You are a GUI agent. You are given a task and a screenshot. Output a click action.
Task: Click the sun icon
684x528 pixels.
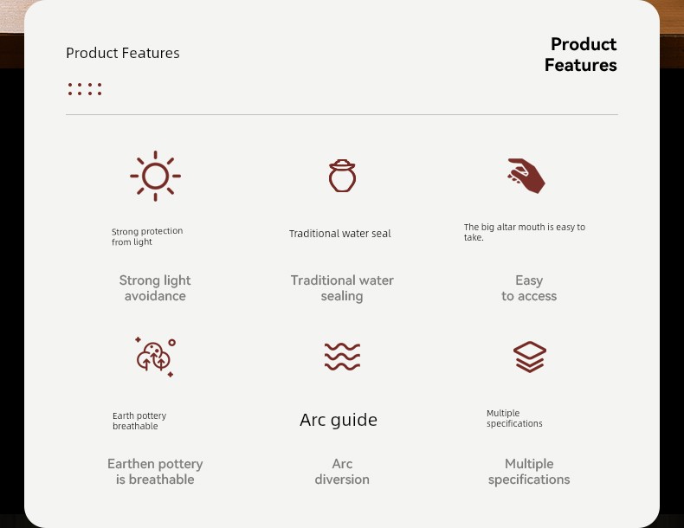point(155,177)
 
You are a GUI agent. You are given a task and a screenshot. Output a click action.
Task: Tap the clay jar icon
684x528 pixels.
point(342,176)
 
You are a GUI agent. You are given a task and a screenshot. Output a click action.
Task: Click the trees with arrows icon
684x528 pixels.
point(155,357)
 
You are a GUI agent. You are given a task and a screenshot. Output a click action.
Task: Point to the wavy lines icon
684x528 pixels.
point(343,357)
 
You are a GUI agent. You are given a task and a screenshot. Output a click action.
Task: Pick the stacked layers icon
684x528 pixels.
point(530,357)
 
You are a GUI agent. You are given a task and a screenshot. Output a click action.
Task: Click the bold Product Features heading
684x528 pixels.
point(581,55)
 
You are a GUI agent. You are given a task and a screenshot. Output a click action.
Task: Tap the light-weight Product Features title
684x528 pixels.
point(123,53)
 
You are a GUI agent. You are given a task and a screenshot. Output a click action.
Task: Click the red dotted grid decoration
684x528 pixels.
point(85,89)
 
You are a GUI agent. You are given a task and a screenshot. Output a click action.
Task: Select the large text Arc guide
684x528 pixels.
point(339,420)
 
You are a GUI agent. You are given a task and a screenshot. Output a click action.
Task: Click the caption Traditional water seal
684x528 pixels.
point(339,234)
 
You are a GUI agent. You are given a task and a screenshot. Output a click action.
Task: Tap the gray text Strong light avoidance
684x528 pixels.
point(155,287)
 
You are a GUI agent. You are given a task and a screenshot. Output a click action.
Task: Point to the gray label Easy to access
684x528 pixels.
point(529,287)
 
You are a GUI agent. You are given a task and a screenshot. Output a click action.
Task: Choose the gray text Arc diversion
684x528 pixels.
point(342,472)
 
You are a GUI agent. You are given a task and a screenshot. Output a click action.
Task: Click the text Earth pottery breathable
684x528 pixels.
point(139,422)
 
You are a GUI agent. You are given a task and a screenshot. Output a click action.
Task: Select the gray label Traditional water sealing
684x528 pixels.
point(342,287)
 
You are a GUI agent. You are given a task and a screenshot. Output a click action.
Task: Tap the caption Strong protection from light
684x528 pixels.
point(147,237)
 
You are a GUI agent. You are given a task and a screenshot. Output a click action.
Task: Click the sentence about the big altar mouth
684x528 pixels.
point(525,232)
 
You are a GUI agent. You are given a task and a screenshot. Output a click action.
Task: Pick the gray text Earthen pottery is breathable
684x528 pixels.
point(155,472)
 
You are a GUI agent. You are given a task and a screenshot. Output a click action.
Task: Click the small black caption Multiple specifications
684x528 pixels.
point(514,419)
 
